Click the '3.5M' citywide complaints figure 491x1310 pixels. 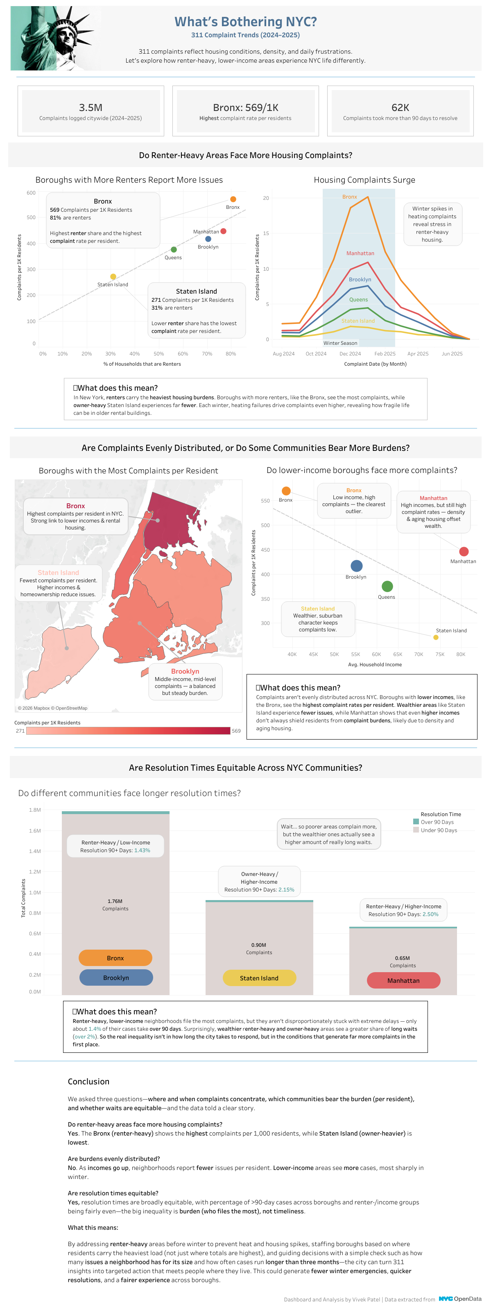click(x=91, y=107)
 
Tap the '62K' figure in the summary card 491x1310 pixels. click(x=400, y=107)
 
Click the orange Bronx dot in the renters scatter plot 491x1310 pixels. click(x=233, y=199)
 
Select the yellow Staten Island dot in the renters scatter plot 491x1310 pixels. click(x=113, y=277)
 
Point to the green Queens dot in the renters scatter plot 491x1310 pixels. click(x=174, y=250)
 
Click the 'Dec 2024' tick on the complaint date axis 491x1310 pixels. click(x=350, y=353)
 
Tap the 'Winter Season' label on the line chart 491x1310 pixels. click(x=340, y=343)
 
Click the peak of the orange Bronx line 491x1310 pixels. click(x=367, y=197)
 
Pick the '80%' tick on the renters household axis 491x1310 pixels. click(x=231, y=353)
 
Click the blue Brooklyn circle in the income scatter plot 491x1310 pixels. click(x=357, y=566)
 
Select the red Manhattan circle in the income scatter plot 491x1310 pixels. click(x=464, y=552)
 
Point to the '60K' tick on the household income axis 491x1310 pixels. click(x=376, y=654)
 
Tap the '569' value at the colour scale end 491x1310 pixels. click(x=236, y=731)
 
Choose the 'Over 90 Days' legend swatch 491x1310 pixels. click(x=416, y=822)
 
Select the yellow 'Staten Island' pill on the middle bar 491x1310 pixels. click(x=260, y=978)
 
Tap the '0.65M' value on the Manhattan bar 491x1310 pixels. click(x=403, y=958)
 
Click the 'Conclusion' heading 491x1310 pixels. click(x=88, y=1081)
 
